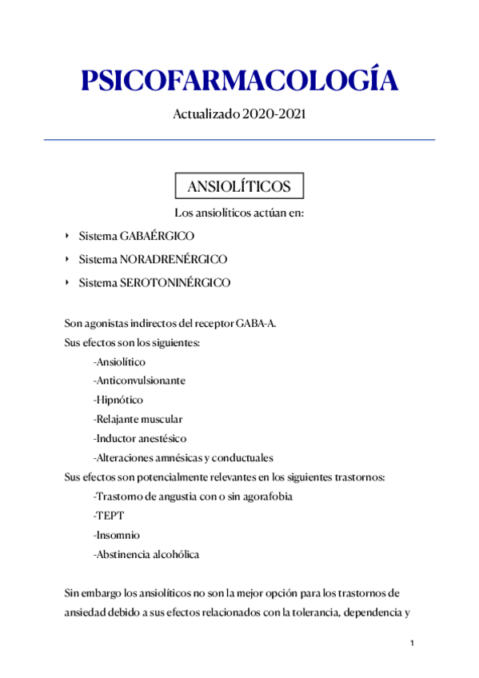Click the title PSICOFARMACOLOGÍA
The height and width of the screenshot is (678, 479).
[238, 81]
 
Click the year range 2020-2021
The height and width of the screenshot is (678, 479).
[273, 115]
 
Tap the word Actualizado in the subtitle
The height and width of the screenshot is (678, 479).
[206, 115]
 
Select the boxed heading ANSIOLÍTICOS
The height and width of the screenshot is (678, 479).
[238, 186]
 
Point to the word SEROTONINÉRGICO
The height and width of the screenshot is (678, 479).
[175, 283]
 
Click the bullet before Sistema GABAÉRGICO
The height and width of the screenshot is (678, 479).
[67, 237]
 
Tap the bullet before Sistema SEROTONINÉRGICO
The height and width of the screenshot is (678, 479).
[67, 283]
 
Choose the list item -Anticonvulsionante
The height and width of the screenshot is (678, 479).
[139, 381]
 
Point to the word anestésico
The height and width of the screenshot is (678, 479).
[162, 438]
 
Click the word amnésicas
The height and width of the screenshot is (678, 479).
[178, 458]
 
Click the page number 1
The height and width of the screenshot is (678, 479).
[411, 644]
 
